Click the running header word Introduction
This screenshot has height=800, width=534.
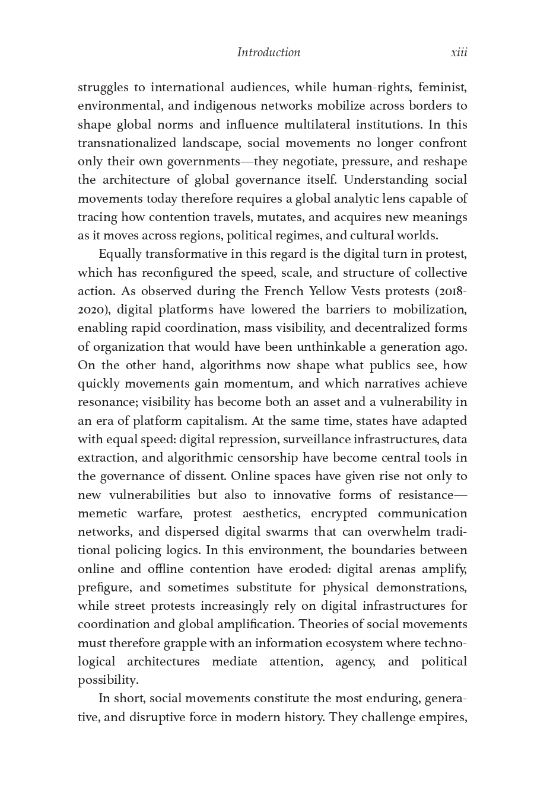point(268,52)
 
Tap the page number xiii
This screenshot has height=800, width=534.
point(459,52)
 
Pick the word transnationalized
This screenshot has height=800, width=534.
point(127,143)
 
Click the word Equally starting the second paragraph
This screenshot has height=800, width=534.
point(120,254)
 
